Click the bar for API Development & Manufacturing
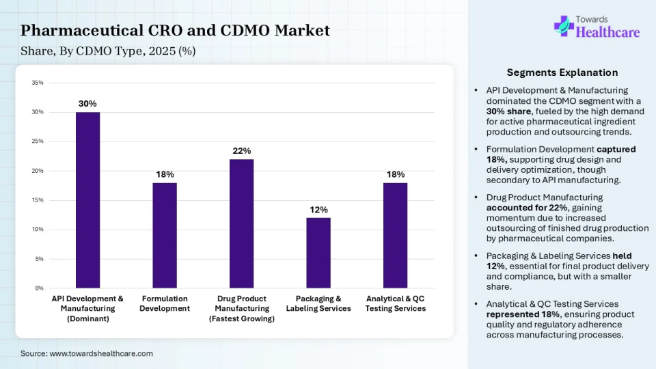(x=87, y=200)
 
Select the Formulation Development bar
(x=165, y=235)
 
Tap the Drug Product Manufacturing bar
(x=241, y=223)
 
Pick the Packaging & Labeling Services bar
(x=318, y=253)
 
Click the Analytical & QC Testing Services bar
(x=395, y=235)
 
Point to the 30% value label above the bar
(x=87, y=103)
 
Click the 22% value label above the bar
(x=242, y=150)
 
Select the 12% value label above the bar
(x=318, y=209)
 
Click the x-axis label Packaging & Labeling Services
(x=318, y=303)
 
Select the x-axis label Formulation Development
(x=165, y=303)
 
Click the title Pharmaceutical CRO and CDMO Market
(x=175, y=30)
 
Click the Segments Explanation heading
(x=562, y=72)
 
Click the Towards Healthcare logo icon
(x=564, y=26)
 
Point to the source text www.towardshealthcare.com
(x=87, y=353)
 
